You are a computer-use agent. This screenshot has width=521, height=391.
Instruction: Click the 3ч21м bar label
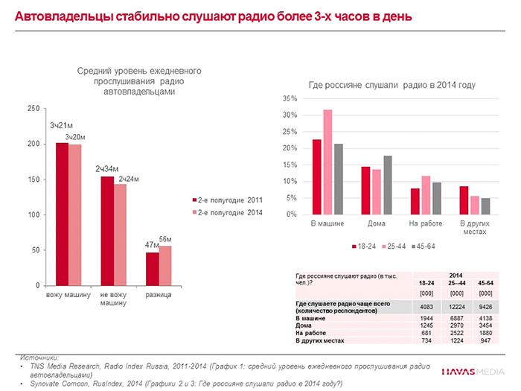click(x=61, y=124)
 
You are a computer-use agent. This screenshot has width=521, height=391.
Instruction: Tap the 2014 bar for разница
click(x=165, y=265)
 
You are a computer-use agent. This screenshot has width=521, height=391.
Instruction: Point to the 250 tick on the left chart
click(x=33, y=109)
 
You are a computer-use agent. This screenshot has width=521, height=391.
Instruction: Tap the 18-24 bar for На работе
click(x=415, y=201)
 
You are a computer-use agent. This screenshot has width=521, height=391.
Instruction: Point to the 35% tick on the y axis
click(x=290, y=99)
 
